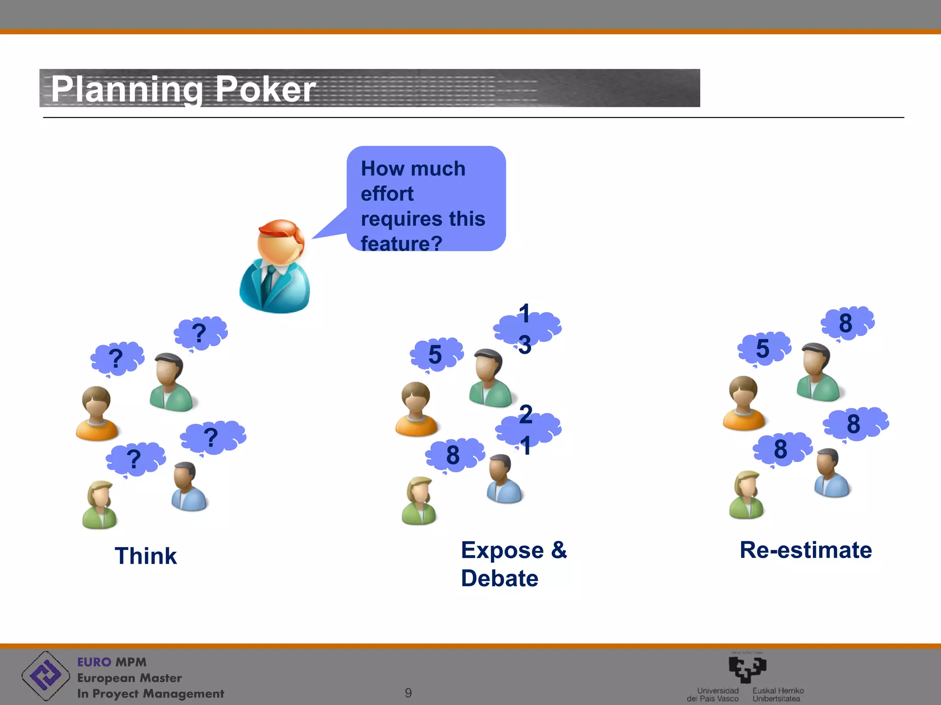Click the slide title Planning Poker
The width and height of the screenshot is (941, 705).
click(183, 89)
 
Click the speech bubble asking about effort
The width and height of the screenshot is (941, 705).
click(425, 199)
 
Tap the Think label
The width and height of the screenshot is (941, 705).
click(146, 556)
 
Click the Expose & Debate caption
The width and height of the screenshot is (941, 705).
click(513, 564)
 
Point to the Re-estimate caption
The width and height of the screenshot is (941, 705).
click(805, 550)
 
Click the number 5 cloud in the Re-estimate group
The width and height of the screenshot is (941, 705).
click(764, 348)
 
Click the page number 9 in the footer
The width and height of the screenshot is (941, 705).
click(408, 693)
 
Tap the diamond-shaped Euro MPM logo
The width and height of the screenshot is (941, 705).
click(45, 676)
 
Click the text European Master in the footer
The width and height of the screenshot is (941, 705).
click(130, 678)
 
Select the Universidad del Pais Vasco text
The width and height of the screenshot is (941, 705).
click(713, 694)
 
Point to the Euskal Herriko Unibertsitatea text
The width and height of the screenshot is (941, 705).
click(778, 694)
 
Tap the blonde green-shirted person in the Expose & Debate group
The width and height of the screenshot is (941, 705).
click(419, 501)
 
